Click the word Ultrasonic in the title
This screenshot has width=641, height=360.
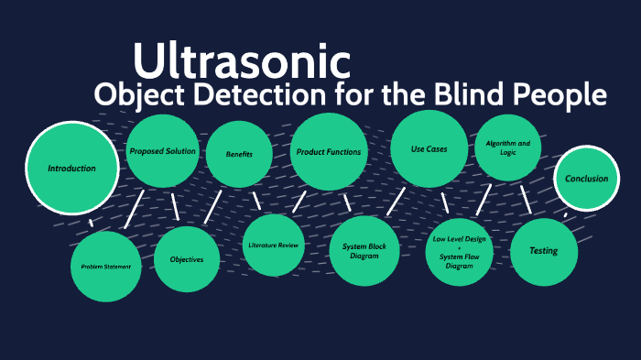(242, 60)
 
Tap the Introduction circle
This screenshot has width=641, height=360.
(72, 169)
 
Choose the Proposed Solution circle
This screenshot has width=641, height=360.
(162, 150)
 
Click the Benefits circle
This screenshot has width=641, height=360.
(239, 155)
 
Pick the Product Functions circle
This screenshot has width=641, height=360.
(328, 151)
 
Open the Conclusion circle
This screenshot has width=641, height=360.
(586, 179)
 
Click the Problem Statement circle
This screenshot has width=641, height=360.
(106, 267)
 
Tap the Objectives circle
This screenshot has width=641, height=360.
(186, 259)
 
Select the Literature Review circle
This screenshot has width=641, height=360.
(274, 245)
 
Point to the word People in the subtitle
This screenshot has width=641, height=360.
(570, 94)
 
